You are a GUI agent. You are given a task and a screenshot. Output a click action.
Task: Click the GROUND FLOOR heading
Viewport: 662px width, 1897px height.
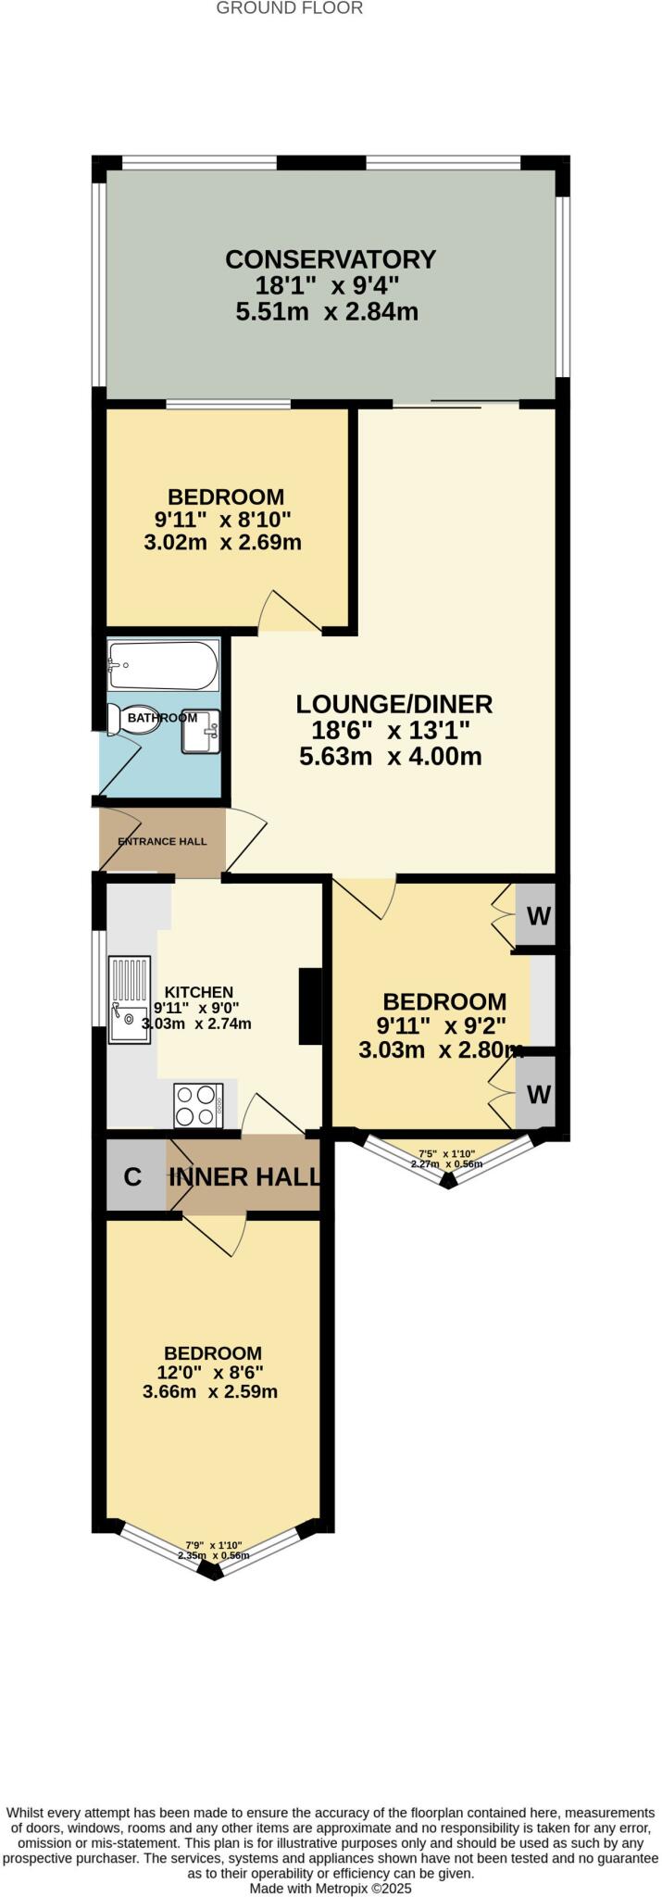tap(289, 8)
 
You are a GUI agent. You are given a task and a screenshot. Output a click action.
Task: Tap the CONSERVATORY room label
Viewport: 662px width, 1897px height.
tap(331, 258)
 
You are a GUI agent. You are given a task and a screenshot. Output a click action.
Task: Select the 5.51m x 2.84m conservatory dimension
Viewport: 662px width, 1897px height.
tap(327, 312)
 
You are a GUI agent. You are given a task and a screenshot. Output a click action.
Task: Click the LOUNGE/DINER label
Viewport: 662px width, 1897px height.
tap(393, 704)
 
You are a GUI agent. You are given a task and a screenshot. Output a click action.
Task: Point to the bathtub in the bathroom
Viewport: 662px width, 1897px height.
tap(164, 665)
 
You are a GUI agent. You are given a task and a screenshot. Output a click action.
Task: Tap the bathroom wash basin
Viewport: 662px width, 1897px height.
tap(201, 731)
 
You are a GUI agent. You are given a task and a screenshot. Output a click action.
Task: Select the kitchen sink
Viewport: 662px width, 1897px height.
tap(129, 999)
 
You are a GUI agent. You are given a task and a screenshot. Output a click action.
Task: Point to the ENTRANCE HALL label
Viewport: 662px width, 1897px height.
tap(162, 841)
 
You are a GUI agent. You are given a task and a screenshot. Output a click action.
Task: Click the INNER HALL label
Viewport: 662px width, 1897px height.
tap(245, 1177)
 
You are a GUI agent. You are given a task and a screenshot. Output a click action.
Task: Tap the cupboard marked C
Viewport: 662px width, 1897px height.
tap(132, 1177)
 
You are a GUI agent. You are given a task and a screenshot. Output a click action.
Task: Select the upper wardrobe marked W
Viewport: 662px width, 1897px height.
tap(538, 916)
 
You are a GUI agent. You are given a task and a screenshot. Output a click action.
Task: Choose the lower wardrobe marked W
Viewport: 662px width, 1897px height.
tap(538, 1094)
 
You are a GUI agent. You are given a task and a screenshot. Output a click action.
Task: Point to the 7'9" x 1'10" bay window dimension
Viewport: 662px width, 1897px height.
tap(214, 1545)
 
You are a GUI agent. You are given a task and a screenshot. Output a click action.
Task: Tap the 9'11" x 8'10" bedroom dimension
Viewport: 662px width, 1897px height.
tap(223, 519)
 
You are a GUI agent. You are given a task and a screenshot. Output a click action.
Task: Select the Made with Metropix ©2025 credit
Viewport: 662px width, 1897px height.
tap(331, 1888)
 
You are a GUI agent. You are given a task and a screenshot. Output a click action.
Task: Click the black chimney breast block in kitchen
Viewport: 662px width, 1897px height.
tap(309, 1007)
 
